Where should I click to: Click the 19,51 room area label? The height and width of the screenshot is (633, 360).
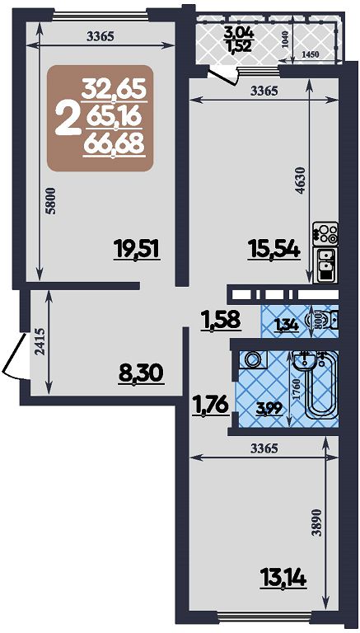click(138, 249)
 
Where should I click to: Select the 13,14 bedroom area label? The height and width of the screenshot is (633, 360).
click(283, 578)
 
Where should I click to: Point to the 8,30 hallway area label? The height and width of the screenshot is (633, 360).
click(141, 374)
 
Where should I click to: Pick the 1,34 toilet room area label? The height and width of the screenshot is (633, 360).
click(287, 325)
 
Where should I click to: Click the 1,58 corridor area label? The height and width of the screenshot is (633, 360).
click(221, 320)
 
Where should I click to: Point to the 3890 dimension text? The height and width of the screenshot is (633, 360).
click(320, 522)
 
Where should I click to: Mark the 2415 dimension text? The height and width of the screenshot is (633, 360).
click(40, 342)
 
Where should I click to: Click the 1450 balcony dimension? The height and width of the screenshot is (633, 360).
click(311, 54)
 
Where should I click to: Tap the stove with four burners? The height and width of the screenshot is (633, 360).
click(325, 233)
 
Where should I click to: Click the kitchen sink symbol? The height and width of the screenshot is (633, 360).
click(325, 265)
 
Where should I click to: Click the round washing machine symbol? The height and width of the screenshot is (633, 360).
click(253, 359)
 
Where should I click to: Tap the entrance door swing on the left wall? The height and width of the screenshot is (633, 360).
click(16, 356)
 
